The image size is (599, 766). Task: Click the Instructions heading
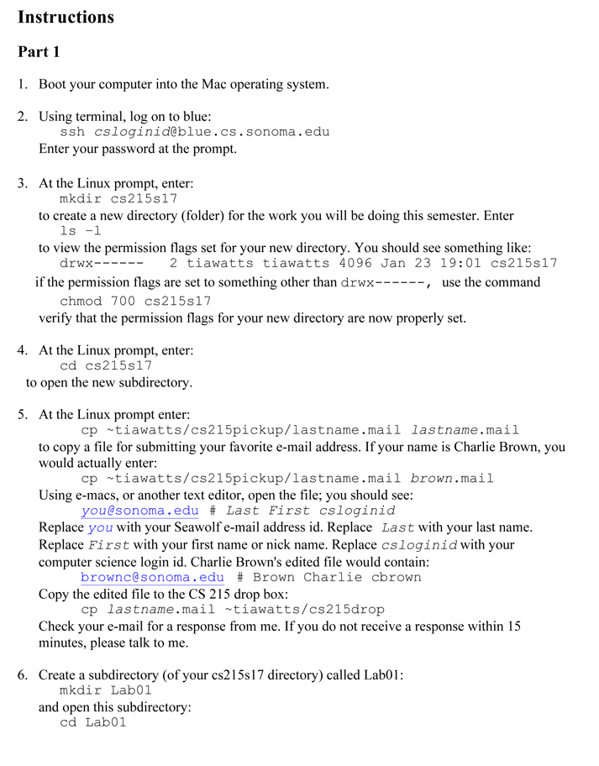coord(66,17)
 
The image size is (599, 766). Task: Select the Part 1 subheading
coord(39,52)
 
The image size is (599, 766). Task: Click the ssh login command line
coord(194,132)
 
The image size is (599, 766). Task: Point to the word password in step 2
coord(140,149)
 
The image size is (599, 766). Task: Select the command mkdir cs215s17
coord(118,199)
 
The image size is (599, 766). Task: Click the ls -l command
coord(81,231)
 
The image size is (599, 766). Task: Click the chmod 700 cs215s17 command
coord(135,301)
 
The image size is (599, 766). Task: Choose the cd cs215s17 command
coord(106,365)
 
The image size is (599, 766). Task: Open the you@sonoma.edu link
coord(139,511)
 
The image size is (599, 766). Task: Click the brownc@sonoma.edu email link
coord(152,577)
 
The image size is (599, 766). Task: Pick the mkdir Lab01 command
coord(106,690)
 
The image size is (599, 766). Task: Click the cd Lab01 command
coord(93,722)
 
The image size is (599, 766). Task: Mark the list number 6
coord(22,674)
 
